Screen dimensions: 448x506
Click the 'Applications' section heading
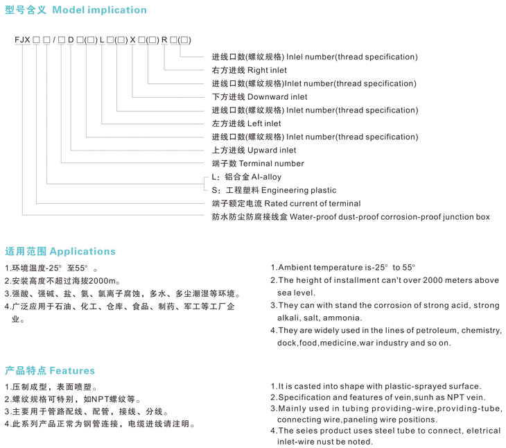pos(82,251)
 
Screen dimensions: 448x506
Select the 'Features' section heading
pos(72,370)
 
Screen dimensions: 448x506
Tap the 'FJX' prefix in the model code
pos(22,40)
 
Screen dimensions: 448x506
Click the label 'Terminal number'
pos(271,164)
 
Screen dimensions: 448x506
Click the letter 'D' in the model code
pos(71,40)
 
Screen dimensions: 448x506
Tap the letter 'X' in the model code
pos(132,40)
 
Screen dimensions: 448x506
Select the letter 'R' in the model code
pos(164,40)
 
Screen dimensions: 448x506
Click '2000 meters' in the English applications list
pos(419,280)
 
